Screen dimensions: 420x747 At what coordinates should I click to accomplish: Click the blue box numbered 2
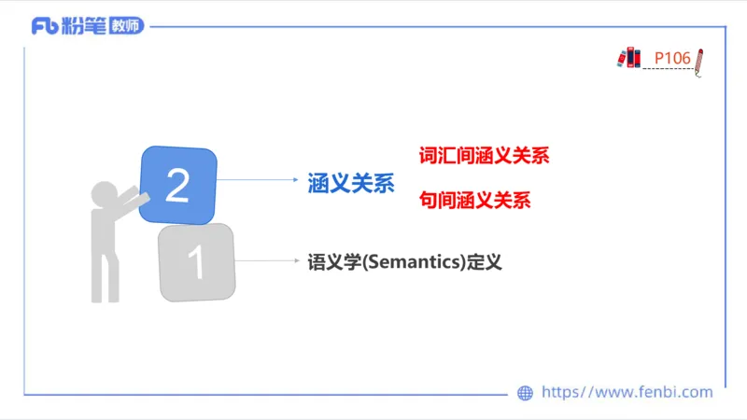pos(178,186)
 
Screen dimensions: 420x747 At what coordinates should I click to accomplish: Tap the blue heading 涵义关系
pos(351,184)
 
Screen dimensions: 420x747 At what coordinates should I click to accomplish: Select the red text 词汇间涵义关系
pos(484,156)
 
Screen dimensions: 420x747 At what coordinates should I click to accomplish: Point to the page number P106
pos(671,59)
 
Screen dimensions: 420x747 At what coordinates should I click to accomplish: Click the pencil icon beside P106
pos(699,63)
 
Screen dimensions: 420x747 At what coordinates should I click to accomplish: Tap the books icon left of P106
pos(629,58)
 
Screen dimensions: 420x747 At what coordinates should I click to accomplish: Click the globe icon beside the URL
pos(525,393)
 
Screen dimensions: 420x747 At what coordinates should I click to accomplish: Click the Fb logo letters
pos(44,26)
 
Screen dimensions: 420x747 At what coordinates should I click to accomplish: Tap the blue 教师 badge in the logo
pos(126,26)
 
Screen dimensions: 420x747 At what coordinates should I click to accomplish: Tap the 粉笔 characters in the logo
pos(83,26)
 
